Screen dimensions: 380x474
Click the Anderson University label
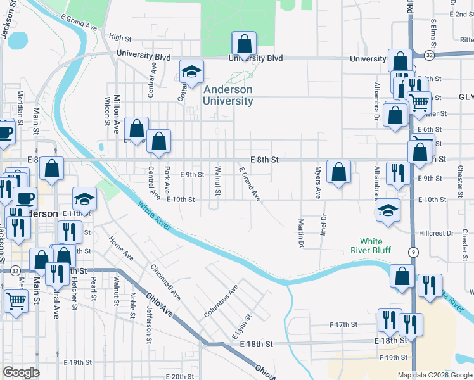pyautogui.click(x=228, y=96)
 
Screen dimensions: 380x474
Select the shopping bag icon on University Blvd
pyautogui.click(x=244, y=45)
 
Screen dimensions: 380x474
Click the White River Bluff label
pyautogui.click(x=371, y=245)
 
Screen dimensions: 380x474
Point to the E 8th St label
pyautogui.click(x=264, y=160)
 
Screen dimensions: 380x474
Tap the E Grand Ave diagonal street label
pyautogui.click(x=250, y=184)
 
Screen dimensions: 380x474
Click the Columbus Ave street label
pyautogui.click(x=221, y=301)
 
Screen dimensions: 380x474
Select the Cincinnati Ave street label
pyautogui.click(x=165, y=281)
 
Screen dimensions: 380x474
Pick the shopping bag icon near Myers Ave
pyautogui.click(x=339, y=172)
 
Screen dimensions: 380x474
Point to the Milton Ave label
pyautogui.click(x=117, y=114)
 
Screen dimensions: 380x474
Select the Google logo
pyautogui.click(x=21, y=372)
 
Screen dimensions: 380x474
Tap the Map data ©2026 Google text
pyautogui.click(x=434, y=375)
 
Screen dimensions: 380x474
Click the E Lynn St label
pyautogui.click(x=241, y=326)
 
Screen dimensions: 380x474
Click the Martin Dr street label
pyautogui.click(x=301, y=232)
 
